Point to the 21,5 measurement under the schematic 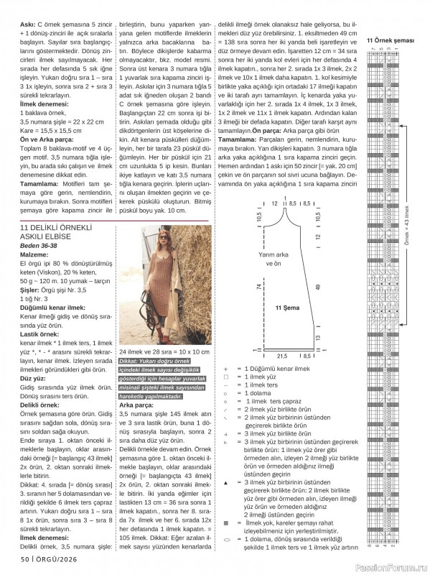[x=281, y=356]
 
